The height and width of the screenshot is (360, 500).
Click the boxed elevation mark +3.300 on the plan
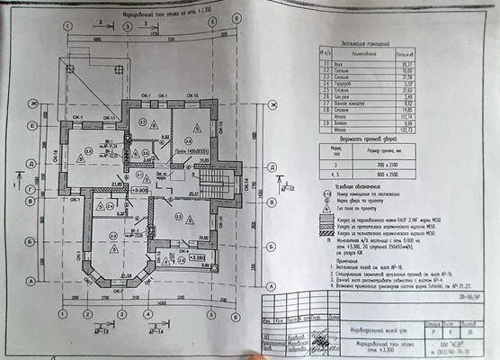(x=141, y=191)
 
